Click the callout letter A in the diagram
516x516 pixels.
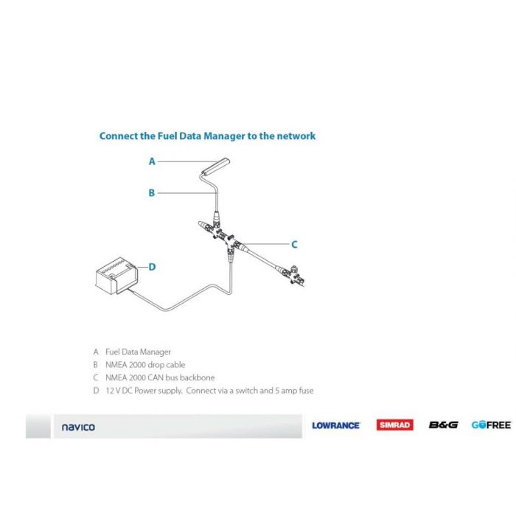pos(152,161)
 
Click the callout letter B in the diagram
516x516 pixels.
pos(152,193)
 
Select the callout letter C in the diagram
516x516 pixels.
pos(294,245)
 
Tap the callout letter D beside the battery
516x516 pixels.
pos(152,267)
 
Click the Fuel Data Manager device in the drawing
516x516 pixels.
pos(215,165)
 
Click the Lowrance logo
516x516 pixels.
pos(335,425)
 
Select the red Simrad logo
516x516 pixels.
pos(395,425)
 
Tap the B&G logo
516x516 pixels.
pos(443,425)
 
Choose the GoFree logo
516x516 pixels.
pos(491,425)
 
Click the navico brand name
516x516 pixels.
pos(77,427)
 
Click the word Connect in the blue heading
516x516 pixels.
pos(119,136)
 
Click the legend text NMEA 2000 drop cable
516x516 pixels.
pos(145,365)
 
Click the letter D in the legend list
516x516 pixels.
pos(96,391)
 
